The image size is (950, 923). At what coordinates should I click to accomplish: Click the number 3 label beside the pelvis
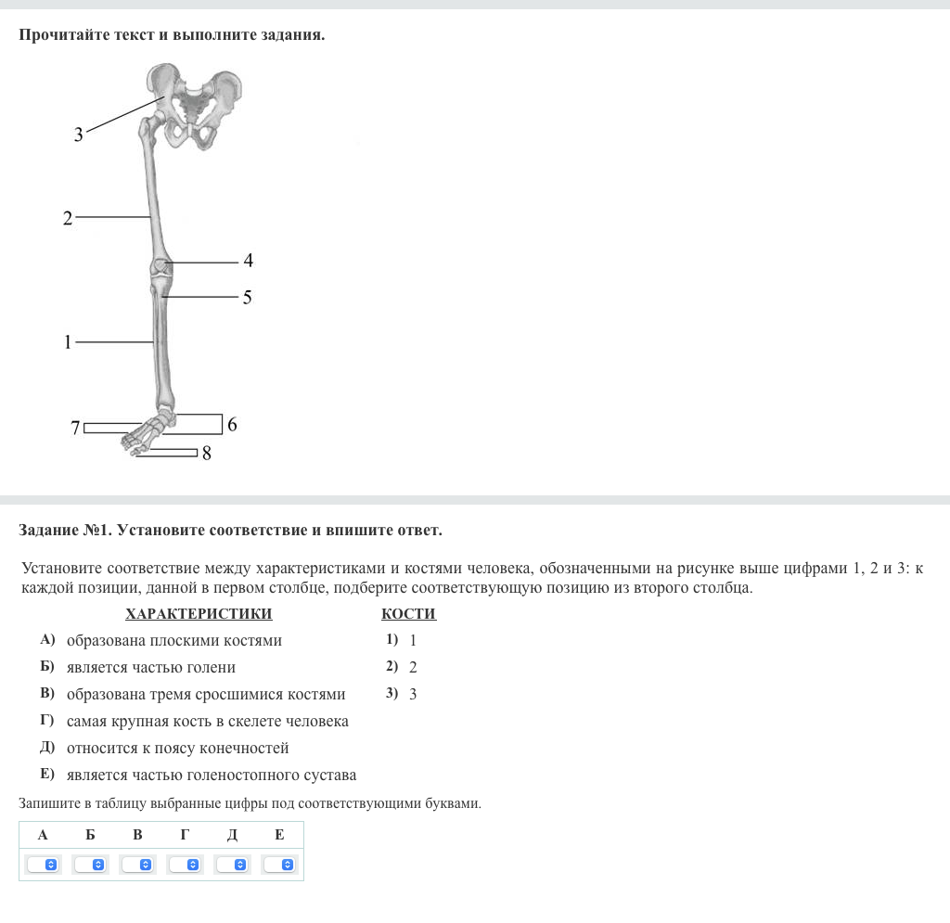(78, 134)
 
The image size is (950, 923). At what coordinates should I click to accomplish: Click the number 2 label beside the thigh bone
(67, 218)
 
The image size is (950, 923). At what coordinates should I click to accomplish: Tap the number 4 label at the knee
(248, 261)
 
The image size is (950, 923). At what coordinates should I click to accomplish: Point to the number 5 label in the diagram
(247, 298)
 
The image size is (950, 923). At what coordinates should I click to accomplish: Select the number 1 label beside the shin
(67, 342)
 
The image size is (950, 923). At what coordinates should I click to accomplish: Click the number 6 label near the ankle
(232, 424)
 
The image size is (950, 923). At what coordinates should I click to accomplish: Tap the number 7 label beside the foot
(75, 429)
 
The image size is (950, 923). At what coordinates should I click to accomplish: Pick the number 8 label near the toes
(207, 453)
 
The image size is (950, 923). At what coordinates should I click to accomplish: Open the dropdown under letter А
(43, 865)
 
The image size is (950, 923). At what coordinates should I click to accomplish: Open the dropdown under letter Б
(90, 865)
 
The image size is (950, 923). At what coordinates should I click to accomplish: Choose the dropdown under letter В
(137, 865)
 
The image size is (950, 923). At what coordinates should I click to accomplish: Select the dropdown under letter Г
(185, 865)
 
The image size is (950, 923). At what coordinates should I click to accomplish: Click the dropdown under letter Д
(232, 865)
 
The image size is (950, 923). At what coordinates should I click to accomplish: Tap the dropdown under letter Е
(279, 865)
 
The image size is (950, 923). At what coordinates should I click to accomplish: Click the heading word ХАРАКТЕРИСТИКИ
(199, 614)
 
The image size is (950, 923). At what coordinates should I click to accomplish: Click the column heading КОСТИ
(409, 614)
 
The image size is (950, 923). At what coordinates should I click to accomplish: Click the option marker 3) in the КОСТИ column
(392, 693)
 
